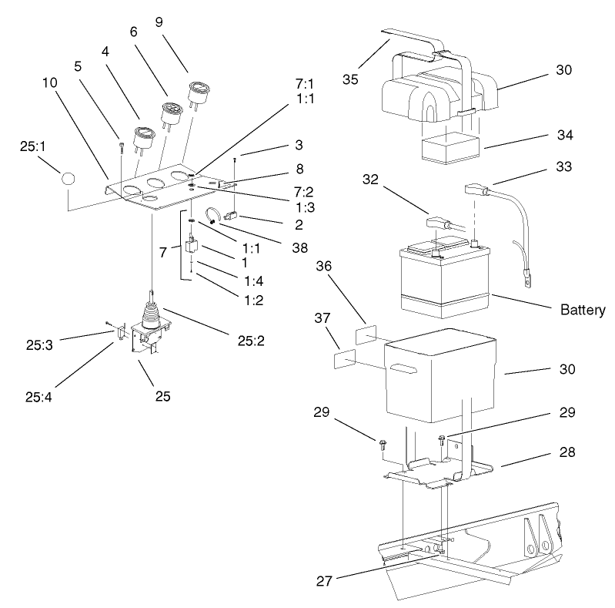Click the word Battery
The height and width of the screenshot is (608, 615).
point(583,311)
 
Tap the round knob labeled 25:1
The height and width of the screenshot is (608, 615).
point(69,178)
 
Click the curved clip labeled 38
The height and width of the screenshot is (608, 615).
point(216,217)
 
